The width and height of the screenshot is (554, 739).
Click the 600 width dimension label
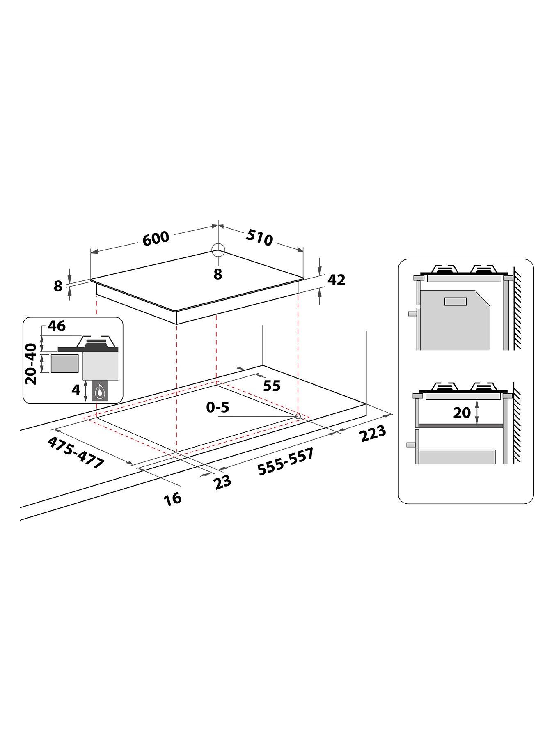(x=156, y=238)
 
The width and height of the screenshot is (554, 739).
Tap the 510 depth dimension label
(x=260, y=238)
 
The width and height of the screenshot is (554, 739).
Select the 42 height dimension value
(x=337, y=280)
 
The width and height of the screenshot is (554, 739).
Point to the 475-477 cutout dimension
(x=76, y=453)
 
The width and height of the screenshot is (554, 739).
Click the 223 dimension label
(x=373, y=434)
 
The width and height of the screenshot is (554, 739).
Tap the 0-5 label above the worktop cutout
(x=217, y=407)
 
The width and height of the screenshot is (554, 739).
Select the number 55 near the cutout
(x=271, y=386)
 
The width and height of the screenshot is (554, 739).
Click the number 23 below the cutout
(x=222, y=481)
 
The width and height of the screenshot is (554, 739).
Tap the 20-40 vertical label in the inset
(x=31, y=364)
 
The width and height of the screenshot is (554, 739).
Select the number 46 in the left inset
(x=57, y=326)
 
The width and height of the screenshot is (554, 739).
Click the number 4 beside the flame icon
(x=76, y=390)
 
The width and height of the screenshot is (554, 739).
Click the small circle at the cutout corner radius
(x=298, y=416)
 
